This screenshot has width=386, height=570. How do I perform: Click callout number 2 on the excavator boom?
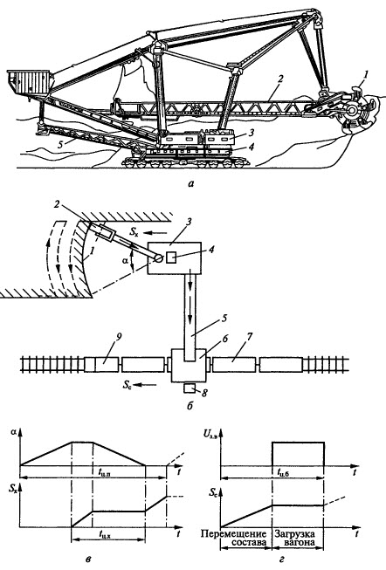(x=275, y=79)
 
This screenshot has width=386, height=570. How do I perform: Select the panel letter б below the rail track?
(x=190, y=403)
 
